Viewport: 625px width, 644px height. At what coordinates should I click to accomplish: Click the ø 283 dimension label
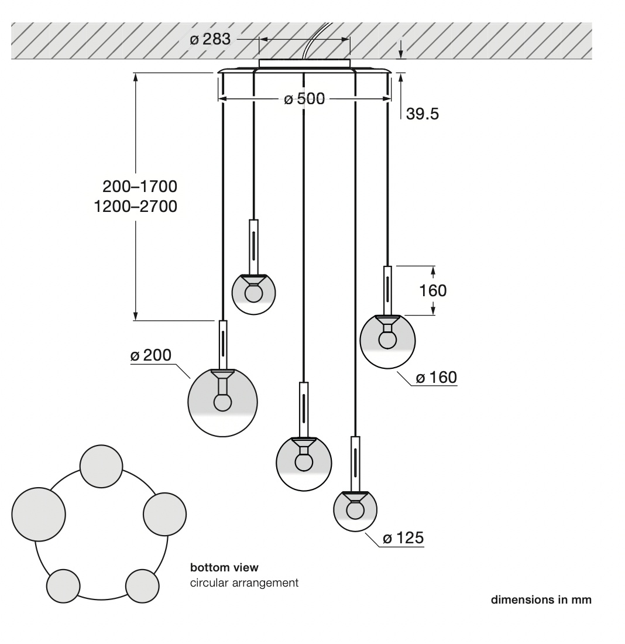(x=210, y=39)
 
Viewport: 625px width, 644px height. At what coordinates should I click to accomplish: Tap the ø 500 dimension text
(x=304, y=99)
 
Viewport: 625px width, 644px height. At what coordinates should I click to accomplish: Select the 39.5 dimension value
(x=422, y=114)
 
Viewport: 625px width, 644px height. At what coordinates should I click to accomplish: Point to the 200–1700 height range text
(x=140, y=186)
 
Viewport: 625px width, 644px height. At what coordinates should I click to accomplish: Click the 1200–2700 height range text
(x=136, y=206)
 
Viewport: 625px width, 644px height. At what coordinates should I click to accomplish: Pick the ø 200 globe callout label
(x=151, y=355)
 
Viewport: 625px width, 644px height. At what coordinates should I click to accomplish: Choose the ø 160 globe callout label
(x=436, y=378)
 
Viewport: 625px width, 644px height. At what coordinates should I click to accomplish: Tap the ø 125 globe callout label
(x=403, y=538)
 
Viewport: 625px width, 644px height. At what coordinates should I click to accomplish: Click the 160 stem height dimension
(x=433, y=291)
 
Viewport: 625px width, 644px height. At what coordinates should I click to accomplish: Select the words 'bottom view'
(x=224, y=568)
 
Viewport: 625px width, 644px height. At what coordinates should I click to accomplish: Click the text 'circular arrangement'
(x=245, y=583)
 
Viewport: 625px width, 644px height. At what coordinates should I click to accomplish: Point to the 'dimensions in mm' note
(x=541, y=600)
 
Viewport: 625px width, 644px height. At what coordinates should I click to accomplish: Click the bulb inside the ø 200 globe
(x=222, y=402)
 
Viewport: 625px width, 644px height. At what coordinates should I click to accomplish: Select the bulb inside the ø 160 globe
(x=387, y=340)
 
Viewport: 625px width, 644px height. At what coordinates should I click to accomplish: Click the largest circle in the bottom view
(x=39, y=514)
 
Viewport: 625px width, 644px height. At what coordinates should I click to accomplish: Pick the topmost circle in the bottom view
(x=101, y=467)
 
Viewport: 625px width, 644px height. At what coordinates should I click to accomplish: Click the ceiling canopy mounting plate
(x=304, y=63)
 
